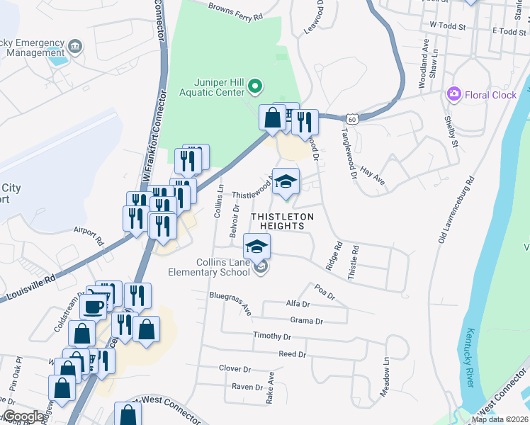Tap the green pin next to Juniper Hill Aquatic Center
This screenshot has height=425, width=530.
pyautogui.click(x=256, y=88)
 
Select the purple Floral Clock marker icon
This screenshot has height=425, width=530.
pyautogui.click(x=453, y=94)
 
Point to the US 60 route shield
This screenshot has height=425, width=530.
pyautogui.click(x=352, y=118)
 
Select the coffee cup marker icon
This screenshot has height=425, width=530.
pyautogui.click(x=95, y=306)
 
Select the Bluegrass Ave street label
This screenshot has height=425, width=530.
pyautogui.click(x=230, y=303)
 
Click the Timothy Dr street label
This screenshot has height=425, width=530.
pyautogui.click(x=272, y=336)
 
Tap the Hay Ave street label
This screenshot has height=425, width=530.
pyautogui.click(x=372, y=176)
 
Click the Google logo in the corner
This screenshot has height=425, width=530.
pyautogui.click(x=23, y=416)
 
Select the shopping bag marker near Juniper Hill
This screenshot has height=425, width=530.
pyautogui.click(x=272, y=118)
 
